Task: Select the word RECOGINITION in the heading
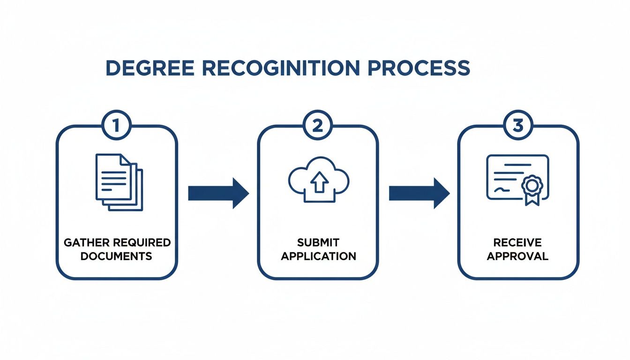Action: point(281,68)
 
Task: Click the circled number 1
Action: point(116,125)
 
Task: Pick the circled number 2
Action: point(318,125)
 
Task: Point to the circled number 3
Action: point(518,125)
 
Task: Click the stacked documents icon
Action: point(119,182)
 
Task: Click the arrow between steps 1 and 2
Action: point(218,193)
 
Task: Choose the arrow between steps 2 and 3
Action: point(419,193)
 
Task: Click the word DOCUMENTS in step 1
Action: point(117,256)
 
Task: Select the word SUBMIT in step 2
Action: point(318,243)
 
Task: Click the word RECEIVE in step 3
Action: point(517,243)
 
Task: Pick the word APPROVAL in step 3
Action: point(517,256)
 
